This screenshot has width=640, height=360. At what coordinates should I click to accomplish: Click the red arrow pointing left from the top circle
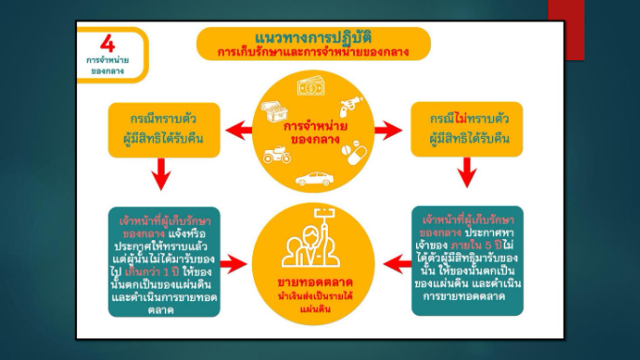237,128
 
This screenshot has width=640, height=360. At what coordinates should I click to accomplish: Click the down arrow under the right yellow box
469,172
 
